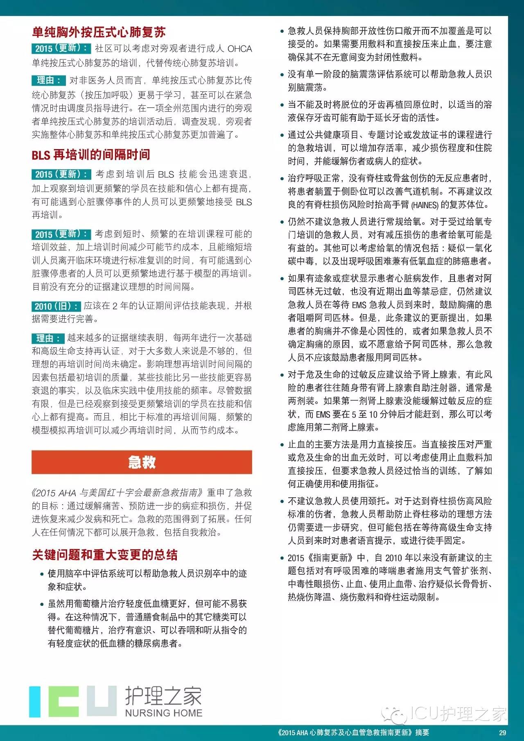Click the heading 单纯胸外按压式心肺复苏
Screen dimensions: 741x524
[99, 32]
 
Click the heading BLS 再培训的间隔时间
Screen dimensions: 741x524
[91, 155]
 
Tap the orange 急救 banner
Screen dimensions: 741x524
[142, 462]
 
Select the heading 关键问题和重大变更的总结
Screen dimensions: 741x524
[105, 555]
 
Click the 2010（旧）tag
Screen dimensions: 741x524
[56, 306]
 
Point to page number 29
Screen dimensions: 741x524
[502, 733]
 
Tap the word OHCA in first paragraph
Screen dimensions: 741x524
[239, 49]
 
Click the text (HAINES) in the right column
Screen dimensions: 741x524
[425, 205]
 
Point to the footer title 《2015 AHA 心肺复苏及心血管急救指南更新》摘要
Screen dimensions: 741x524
[353, 733]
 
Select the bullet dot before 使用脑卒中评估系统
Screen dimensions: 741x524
[42, 574]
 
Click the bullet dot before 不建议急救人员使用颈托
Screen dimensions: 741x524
[282, 501]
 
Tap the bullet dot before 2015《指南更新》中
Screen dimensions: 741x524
[282, 558]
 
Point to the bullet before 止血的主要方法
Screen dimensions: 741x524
[282, 444]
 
